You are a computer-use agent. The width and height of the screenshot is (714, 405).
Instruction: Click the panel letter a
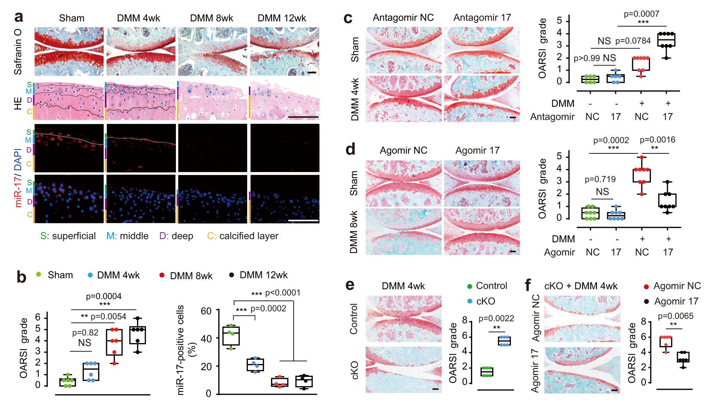tap(19, 17)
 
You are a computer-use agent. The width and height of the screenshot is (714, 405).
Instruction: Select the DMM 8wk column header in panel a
tap(211, 18)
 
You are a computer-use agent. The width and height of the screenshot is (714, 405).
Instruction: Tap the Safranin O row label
tap(18, 52)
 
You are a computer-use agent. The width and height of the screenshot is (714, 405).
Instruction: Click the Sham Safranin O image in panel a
tap(69, 51)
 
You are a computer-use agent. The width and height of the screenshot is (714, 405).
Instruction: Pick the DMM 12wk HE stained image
tap(285, 100)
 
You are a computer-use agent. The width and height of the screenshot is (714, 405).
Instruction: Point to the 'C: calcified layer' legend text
tap(242, 236)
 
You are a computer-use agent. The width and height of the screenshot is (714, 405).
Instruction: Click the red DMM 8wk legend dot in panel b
tap(162, 275)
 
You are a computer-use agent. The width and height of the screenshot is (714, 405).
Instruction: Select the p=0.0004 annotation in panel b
tap(104, 296)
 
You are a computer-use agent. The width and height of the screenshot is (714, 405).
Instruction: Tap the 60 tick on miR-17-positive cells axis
tap(206, 311)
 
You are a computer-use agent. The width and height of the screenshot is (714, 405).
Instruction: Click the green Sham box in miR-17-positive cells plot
tap(231, 336)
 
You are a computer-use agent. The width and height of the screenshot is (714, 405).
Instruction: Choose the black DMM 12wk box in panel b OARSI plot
tap(138, 335)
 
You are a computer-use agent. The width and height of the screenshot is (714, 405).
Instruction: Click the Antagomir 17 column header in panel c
tap(482, 18)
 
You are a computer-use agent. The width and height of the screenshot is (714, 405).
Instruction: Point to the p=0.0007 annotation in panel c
tap(641, 14)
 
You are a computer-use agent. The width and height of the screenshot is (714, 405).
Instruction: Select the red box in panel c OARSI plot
tap(641, 64)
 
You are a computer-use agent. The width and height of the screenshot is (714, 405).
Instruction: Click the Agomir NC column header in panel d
tap(403, 150)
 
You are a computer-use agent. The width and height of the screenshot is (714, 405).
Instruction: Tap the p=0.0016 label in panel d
tap(657, 140)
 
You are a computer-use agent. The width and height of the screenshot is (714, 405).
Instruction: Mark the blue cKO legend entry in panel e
tap(482, 301)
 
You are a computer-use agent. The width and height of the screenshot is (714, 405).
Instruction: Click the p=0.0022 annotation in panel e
tap(496, 318)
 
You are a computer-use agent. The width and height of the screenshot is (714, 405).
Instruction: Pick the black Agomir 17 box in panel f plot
tap(683, 357)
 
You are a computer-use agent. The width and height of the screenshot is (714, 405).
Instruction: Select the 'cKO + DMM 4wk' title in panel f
tap(581, 286)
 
